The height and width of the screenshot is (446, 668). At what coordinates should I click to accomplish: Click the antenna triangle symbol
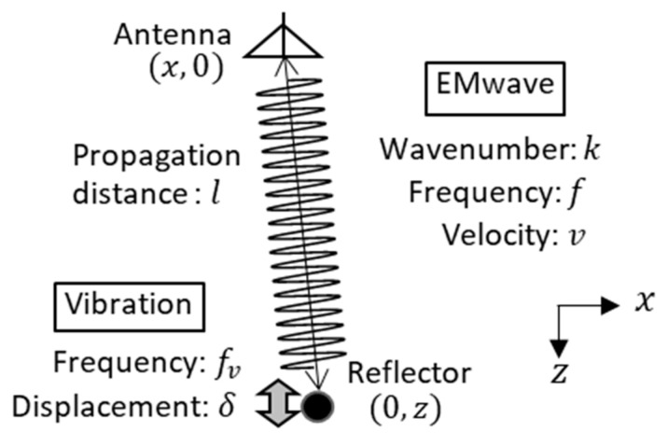pos(285,41)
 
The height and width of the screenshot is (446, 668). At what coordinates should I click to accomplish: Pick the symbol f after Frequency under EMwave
pos(580,191)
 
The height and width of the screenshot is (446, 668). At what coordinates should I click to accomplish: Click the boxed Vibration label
pos(128,304)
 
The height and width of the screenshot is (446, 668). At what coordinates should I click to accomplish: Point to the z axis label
pos(559,375)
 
